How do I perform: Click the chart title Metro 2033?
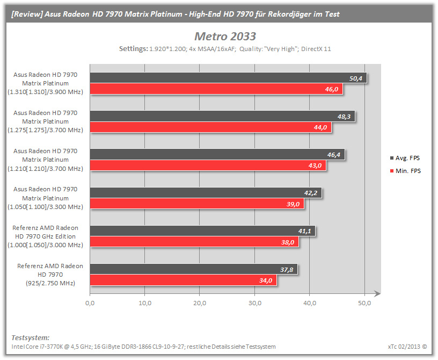click(225, 37)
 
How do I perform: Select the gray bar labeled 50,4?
click(228, 78)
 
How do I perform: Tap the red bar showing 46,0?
click(216, 89)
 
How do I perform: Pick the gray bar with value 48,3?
click(222, 117)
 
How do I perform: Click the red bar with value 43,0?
click(208, 165)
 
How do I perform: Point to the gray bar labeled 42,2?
click(206, 193)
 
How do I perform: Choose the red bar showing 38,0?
click(194, 242)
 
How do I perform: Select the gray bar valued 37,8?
click(194, 269)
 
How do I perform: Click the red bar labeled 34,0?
click(183, 280)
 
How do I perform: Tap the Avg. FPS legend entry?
click(405, 158)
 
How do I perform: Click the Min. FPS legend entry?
click(405, 171)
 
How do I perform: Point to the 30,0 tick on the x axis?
click(255, 303)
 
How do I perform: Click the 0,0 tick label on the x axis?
click(90, 303)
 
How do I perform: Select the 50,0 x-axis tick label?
click(364, 303)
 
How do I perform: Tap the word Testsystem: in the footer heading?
click(31, 337)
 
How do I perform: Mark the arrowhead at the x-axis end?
click(380, 293)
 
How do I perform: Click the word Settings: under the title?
click(134, 49)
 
